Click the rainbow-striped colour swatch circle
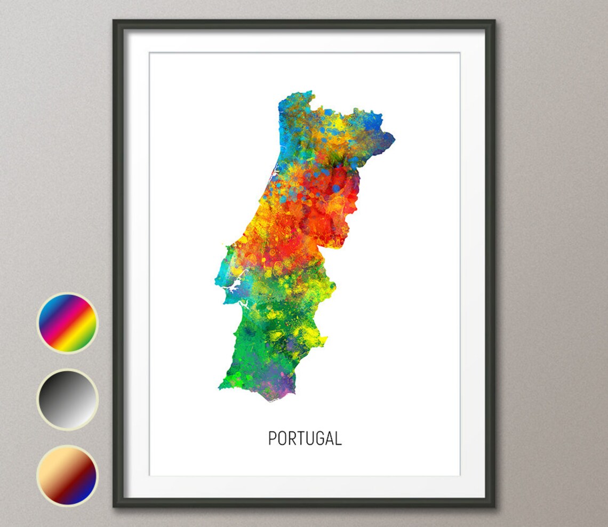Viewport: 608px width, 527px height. pyautogui.click(x=67, y=323)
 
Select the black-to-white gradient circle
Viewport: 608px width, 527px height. pyautogui.click(x=67, y=400)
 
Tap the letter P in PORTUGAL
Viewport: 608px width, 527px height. pyautogui.click(x=273, y=438)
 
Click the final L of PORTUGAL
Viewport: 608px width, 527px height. pyautogui.click(x=338, y=438)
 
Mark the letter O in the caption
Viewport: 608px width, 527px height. pyautogui.click(x=282, y=438)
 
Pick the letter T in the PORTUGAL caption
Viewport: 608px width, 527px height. pyautogui.click(x=300, y=438)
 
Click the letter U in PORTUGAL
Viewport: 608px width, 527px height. pyautogui.click(x=309, y=438)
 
